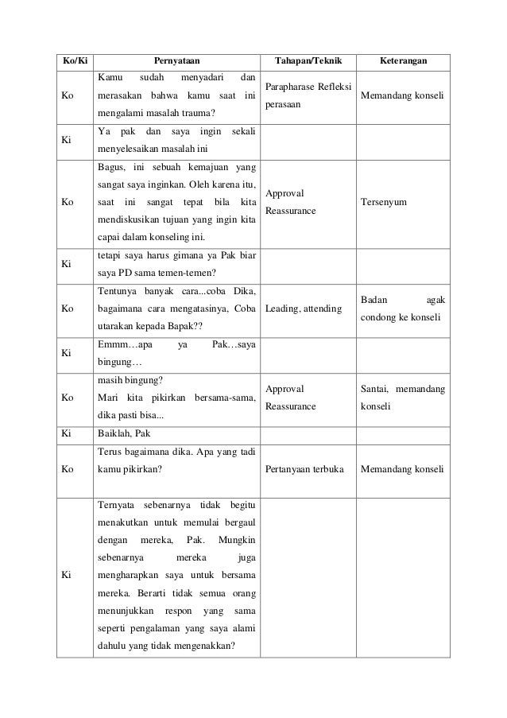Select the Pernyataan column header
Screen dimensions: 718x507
[x=177, y=60]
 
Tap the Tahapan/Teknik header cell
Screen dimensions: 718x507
[x=308, y=60]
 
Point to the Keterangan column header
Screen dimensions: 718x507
[x=404, y=60]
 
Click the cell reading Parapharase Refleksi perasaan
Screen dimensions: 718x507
[x=308, y=97]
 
